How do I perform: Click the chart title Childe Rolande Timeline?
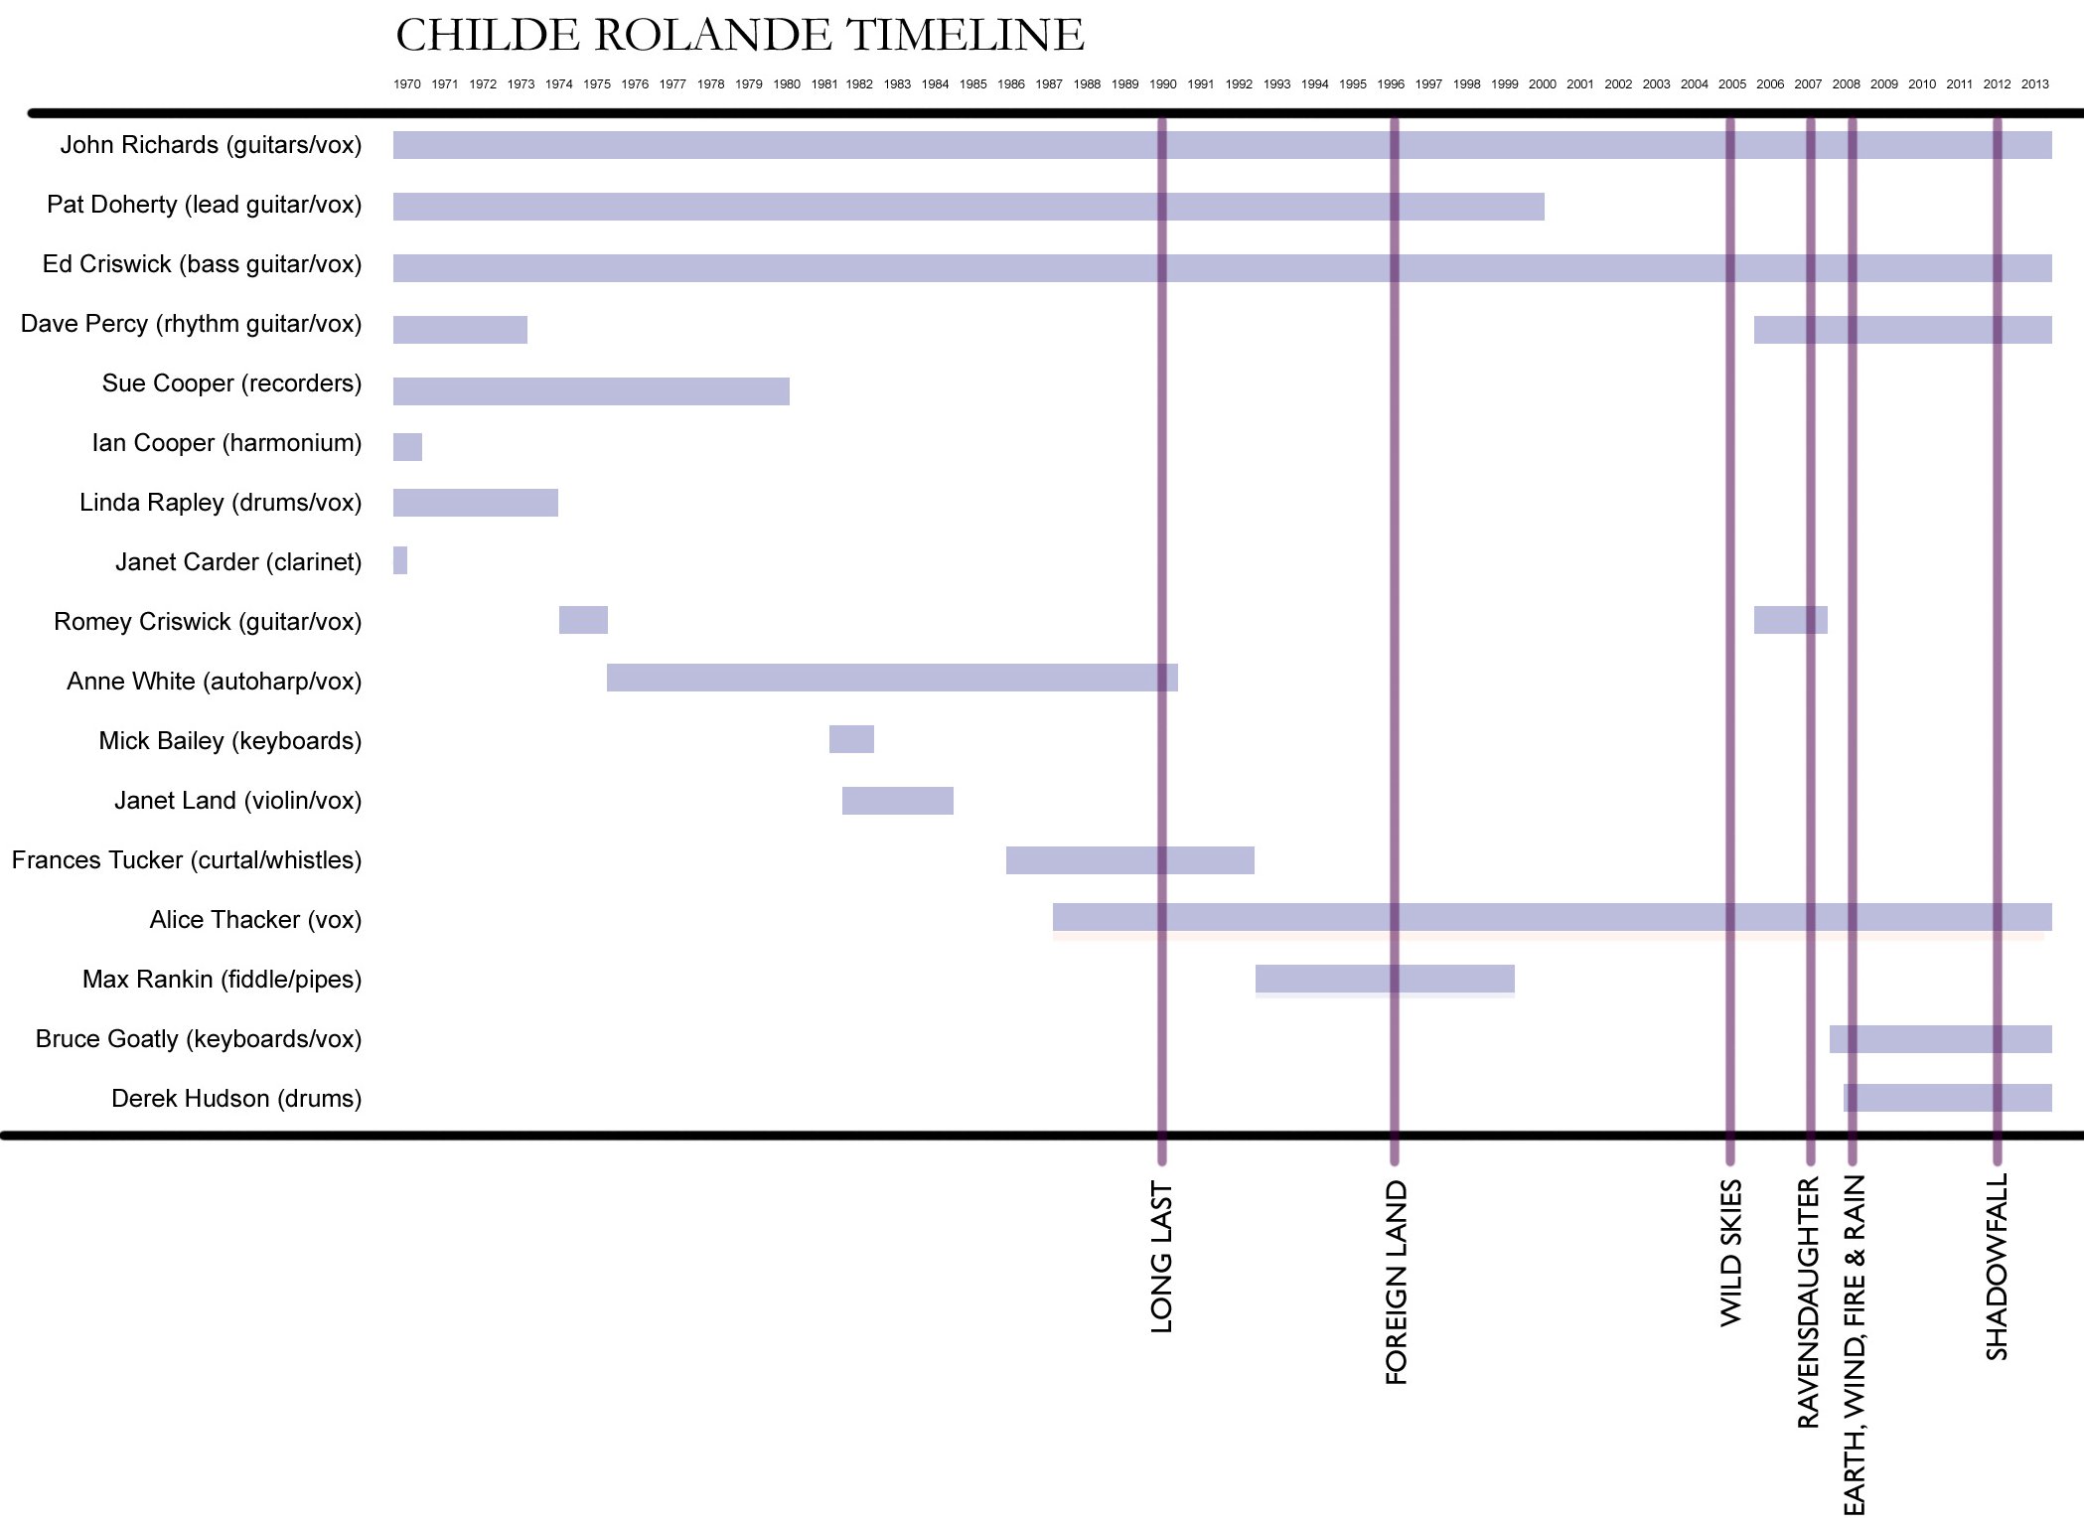pyautogui.click(x=739, y=36)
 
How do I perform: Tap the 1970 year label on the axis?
pyautogui.click(x=406, y=84)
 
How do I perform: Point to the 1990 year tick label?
pyautogui.click(x=1162, y=84)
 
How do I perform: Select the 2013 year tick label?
pyautogui.click(x=2034, y=84)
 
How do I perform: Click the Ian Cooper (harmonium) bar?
pyautogui.click(x=407, y=447)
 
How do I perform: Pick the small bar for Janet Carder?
pyautogui.click(x=400, y=560)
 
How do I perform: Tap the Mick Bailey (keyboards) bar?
pyautogui.click(x=851, y=739)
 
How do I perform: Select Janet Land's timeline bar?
pyautogui.click(x=897, y=801)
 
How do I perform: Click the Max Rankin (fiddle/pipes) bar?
pyautogui.click(x=1384, y=979)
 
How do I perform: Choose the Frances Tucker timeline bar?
pyautogui.click(x=1129, y=860)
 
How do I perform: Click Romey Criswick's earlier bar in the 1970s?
pyautogui.click(x=583, y=620)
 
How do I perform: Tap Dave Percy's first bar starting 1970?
pyautogui.click(x=460, y=330)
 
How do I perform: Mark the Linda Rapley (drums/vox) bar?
pyautogui.click(x=475, y=503)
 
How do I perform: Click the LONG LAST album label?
pyautogui.click(x=1161, y=1257)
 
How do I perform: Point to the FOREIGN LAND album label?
pyautogui.click(x=1396, y=1282)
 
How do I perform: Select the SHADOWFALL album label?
pyautogui.click(x=1997, y=1267)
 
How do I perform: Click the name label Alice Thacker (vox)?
pyautogui.click(x=255, y=920)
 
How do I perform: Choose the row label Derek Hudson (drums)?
pyautogui.click(x=236, y=1099)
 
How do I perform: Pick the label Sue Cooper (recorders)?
pyautogui.click(x=231, y=383)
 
